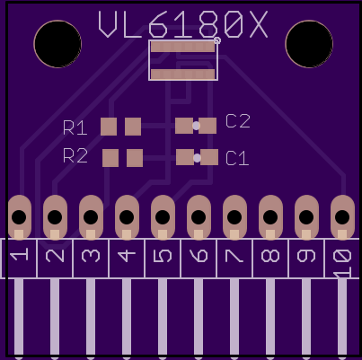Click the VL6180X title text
coord(182,24)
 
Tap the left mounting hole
coord(57,44)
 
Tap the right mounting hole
coord(309,44)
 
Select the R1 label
coord(75,127)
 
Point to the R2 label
coord(75,155)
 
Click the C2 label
coord(238,121)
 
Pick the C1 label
coord(237,158)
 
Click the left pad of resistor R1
coord(109,127)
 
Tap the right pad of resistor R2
coord(135,158)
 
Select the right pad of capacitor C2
coord(207,126)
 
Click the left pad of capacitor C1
coord(185,157)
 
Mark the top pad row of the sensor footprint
coord(183,47)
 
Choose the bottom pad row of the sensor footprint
coord(183,75)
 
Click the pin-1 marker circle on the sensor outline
coord(217,40)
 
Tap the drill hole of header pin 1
coord(19,217)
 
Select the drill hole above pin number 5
coord(163,217)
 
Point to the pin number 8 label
coord(270,256)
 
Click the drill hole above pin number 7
coord(234,217)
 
